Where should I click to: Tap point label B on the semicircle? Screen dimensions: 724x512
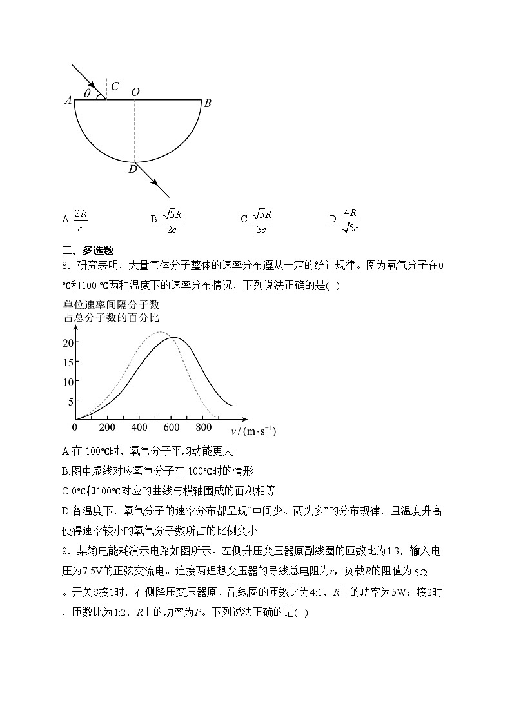(208, 103)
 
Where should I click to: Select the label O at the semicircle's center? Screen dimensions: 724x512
(135, 92)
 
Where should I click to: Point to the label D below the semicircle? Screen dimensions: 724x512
(132, 170)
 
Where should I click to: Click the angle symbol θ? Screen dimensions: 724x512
(87, 93)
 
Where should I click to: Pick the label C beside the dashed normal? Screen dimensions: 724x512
(114, 86)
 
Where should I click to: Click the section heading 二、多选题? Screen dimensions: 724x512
(88, 250)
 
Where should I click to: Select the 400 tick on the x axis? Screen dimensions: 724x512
(139, 427)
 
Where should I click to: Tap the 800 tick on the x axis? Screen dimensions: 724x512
(203, 427)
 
